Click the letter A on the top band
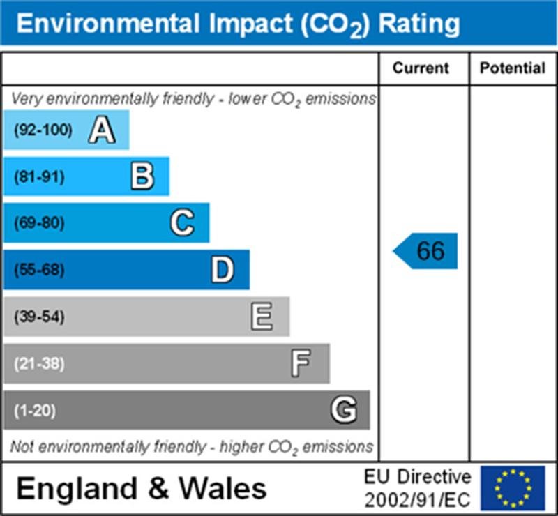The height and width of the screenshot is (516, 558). pos(102,130)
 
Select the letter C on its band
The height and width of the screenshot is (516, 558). pos(182,223)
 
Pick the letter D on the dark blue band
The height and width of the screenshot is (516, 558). pos(223,270)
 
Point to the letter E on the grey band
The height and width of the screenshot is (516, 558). pos(262,317)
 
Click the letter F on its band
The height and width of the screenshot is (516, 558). pos(301,363)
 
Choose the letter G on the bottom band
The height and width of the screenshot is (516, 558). pos(343,410)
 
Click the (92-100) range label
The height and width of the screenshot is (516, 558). pos(43,130)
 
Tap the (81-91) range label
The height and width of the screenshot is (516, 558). pos(39,177)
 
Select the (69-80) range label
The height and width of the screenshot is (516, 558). pos(39,224)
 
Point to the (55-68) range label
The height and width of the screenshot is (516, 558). pos(39,271)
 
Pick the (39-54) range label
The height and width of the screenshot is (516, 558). pos(39,317)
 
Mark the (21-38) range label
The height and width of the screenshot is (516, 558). pos(39,364)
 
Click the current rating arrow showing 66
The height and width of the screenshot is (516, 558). pos(426,251)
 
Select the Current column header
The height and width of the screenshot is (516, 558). pos(421,68)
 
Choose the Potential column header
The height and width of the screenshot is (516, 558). pos(513,68)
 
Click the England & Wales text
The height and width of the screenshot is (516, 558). pos(141,487)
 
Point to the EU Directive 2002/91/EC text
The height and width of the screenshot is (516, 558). pos(417,488)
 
